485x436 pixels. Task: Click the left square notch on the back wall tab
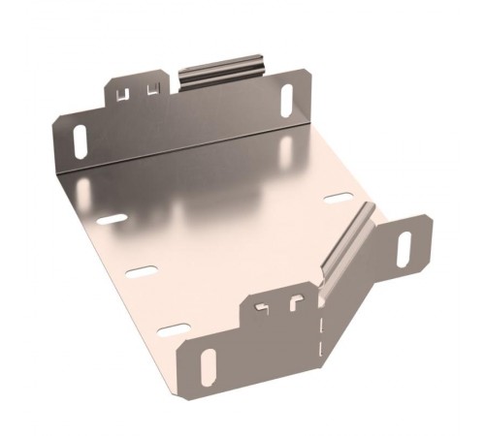point(123,93)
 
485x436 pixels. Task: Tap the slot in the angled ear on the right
point(404,249)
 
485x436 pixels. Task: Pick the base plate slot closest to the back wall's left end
point(112,219)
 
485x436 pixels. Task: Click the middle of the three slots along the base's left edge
point(142,272)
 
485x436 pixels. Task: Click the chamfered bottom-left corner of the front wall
point(185,392)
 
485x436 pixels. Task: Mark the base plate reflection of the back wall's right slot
point(287,146)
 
